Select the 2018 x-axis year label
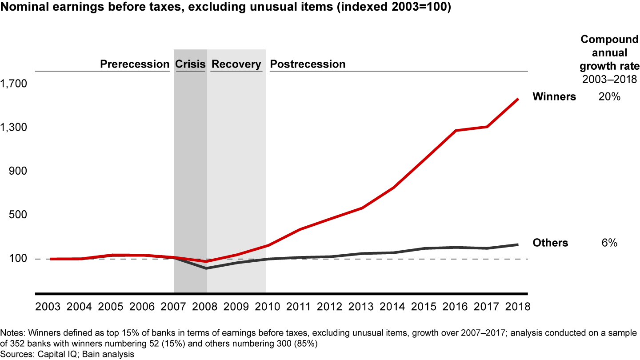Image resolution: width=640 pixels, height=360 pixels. (518, 307)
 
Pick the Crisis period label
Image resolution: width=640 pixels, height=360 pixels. (190, 64)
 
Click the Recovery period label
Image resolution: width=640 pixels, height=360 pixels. (236, 64)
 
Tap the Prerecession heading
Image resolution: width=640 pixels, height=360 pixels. (135, 64)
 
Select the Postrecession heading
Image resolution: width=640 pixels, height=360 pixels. (308, 64)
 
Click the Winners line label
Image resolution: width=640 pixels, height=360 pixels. (554, 96)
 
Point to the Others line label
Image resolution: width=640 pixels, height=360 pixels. (550, 243)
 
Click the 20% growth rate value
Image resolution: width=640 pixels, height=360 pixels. (609, 96)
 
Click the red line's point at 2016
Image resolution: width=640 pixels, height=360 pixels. (456, 131)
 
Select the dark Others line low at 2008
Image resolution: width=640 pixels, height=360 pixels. (206, 268)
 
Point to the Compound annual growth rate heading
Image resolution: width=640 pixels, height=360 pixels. (610, 53)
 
